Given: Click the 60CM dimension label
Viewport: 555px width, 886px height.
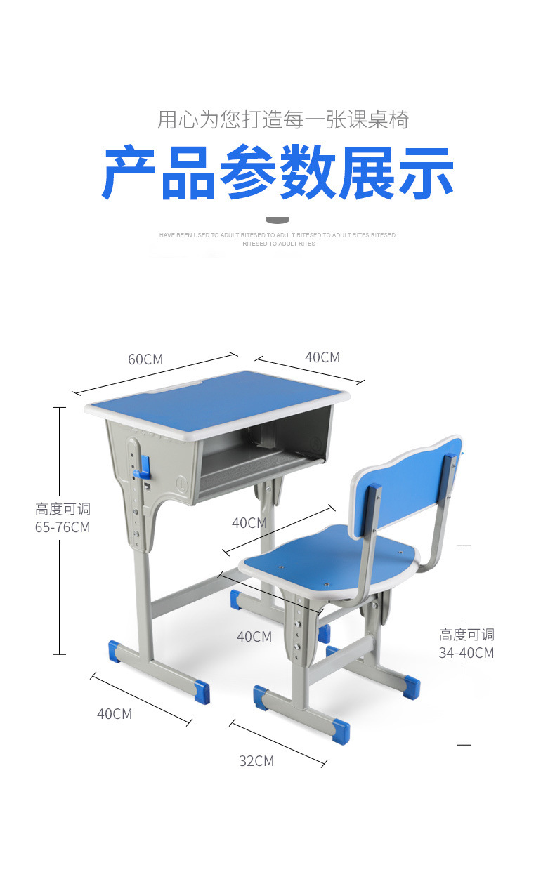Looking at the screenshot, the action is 145,359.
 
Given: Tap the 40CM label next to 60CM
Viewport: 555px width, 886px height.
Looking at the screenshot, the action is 322,357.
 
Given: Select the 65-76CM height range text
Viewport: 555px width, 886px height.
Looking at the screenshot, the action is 63,527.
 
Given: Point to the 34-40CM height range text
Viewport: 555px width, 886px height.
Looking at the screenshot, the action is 466,653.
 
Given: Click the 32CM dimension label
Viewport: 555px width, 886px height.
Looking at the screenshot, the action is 256,761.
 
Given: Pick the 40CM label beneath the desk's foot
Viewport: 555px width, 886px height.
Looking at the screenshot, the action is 114,714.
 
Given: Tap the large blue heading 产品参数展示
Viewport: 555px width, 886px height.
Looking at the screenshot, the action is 277,173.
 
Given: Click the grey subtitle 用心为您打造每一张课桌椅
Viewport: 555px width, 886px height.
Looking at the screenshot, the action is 282,119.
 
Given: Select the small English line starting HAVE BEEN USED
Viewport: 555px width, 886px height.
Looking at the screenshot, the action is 277,235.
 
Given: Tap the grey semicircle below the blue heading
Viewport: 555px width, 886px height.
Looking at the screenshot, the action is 277,220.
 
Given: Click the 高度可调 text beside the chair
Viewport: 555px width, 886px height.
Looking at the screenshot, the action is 466,635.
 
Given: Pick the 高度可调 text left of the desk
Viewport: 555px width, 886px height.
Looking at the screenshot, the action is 63,509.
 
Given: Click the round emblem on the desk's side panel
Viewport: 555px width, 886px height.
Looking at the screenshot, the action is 181,484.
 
